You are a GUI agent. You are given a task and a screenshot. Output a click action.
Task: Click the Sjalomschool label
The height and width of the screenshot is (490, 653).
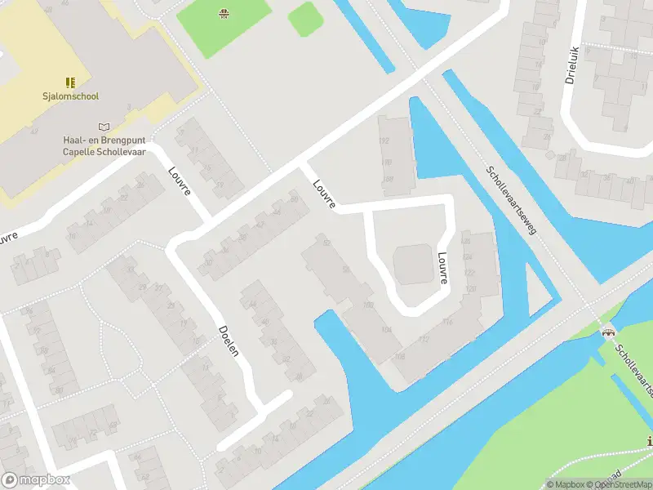pyautogui.click(x=71, y=96)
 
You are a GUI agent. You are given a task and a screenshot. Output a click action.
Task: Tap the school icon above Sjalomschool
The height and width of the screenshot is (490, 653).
pyautogui.click(x=71, y=82)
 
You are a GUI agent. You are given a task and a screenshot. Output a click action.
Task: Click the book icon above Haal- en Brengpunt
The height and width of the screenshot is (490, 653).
pyautogui.click(x=103, y=127)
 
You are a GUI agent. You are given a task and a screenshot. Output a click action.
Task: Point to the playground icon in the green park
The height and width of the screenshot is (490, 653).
pyautogui.click(x=223, y=12)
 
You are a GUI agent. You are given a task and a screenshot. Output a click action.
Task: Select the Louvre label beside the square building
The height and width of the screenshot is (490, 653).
pyautogui.click(x=442, y=267)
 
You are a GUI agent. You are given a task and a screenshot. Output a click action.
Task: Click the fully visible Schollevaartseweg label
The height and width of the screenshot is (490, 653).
pyautogui.click(x=510, y=201)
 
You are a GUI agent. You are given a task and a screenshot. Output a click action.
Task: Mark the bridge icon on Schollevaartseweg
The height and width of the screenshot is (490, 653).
pyautogui.click(x=606, y=332)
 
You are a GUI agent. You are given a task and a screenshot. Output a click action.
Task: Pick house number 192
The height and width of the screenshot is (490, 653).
pyautogui.click(x=385, y=140)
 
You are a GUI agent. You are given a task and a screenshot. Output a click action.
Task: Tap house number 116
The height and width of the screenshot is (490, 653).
pyautogui.click(x=448, y=323)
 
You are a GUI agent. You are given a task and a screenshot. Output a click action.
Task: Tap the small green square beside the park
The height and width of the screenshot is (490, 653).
pyautogui.click(x=304, y=18)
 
